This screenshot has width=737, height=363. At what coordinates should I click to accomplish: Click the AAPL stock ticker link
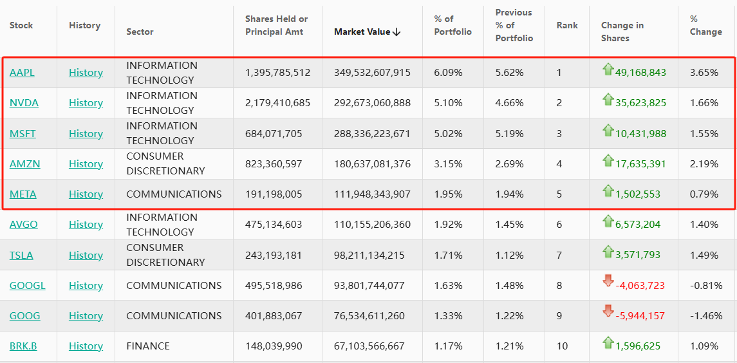[22, 73]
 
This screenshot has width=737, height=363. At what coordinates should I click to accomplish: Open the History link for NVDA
[86, 103]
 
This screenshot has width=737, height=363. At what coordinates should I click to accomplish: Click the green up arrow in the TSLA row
[608, 251]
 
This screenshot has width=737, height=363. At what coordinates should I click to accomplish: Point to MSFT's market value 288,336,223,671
[372, 134]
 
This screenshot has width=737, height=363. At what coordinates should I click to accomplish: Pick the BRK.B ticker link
[23, 346]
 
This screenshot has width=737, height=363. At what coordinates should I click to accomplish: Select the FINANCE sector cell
[148, 346]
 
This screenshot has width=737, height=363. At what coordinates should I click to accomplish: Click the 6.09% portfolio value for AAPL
[448, 73]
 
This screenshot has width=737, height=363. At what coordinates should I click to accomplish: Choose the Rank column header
[567, 26]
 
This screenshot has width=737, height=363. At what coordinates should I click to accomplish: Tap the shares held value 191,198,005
[274, 194]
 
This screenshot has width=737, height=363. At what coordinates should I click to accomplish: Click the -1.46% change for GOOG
[706, 316]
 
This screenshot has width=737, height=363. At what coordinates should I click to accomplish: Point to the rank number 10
[562, 346]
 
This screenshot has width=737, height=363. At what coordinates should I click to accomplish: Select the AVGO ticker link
[24, 225]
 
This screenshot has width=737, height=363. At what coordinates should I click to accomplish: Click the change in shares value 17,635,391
[640, 164]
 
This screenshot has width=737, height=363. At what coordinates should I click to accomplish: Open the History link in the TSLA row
[86, 256]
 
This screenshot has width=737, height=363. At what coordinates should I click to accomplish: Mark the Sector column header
[140, 32]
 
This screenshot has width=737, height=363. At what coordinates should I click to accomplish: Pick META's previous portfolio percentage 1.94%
[509, 194]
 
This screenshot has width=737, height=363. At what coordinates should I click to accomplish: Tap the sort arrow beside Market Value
[396, 32]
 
